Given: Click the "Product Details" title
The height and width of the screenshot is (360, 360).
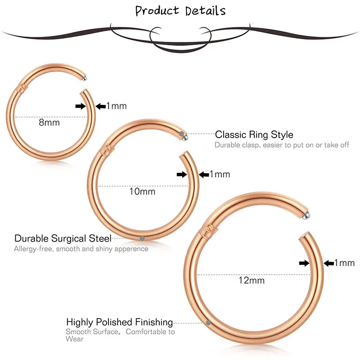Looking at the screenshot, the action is tap(180, 11).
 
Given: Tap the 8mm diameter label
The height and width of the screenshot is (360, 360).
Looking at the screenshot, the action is tap(49, 122).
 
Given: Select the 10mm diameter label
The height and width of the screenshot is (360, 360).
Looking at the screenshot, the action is tap(142, 191).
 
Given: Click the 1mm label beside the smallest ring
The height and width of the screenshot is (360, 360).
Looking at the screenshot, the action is tap(117, 106).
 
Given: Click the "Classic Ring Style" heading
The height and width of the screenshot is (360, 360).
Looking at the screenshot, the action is tap(254, 135).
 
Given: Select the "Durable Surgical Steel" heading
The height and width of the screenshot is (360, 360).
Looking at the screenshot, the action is tap(63, 238).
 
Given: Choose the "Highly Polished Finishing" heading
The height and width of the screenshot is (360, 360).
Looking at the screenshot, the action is tap(120, 322).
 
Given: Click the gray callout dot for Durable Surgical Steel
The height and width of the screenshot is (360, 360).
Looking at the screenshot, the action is tap(142, 238).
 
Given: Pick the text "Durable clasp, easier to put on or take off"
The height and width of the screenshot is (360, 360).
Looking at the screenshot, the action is tap(282, 145).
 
